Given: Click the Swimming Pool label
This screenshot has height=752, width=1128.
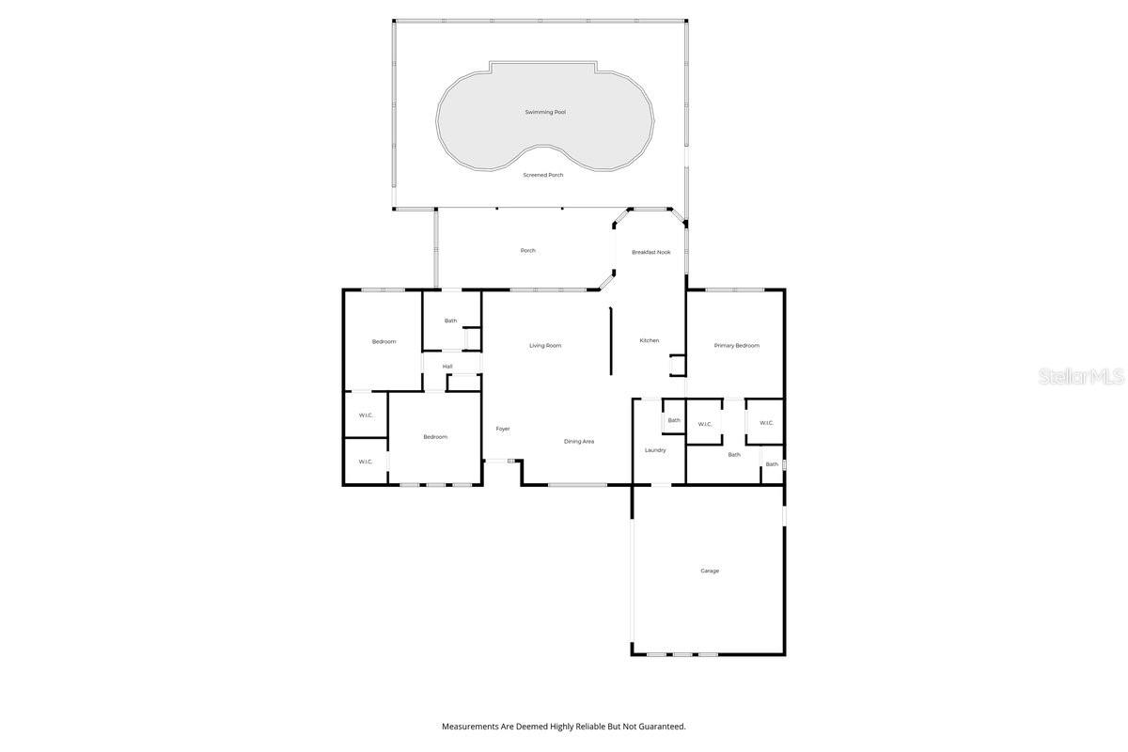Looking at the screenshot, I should click(545, 112).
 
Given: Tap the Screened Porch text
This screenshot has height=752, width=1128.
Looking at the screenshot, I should click(543, 175).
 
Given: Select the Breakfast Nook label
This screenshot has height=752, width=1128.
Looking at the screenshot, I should click(651, 252).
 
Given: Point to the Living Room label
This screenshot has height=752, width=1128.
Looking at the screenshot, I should click(545, 345).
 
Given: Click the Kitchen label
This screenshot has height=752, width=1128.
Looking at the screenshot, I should click(650, 340).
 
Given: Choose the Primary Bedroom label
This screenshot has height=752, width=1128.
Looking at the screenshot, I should click(737, 345).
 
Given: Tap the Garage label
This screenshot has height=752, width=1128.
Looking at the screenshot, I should click(710, 571).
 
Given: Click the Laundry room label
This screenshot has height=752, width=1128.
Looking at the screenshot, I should click(655, 450).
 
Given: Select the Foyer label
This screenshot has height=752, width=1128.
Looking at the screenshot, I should click(503, 429).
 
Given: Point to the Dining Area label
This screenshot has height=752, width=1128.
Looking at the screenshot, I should click(579, 441).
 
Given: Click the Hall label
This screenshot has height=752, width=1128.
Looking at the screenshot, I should click(447, 366).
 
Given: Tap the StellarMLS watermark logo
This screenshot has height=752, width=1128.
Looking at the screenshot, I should click(1081, 376).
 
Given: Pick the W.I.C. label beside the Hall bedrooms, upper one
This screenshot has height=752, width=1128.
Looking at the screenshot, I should click(366, 415).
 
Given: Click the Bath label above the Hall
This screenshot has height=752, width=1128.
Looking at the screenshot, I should click(451, 321).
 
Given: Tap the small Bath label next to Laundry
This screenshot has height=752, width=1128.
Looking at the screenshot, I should click(674, 420).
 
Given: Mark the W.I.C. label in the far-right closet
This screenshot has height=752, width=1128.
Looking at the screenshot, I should click(766, 422).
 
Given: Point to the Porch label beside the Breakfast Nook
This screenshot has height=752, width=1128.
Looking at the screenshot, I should click(528, 250).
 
